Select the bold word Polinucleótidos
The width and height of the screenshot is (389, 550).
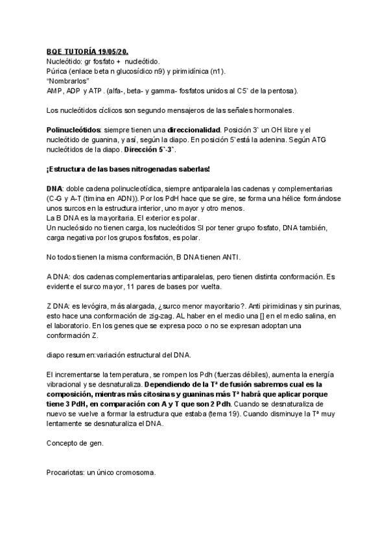pyautogui.click(x=72, y=131)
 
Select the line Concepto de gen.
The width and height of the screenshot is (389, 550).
pyautogui.click(x=75, y=444)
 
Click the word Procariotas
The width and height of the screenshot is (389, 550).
pyautogui.click(x=67, y=473)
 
